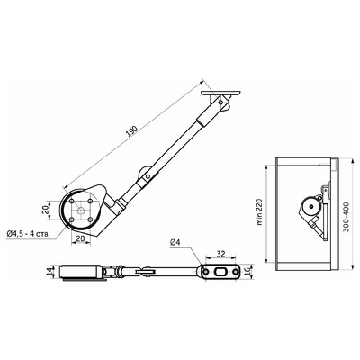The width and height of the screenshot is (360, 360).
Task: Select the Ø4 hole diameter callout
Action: (x=176, y=243)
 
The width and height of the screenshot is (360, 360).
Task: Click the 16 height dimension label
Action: (x=247, y=271)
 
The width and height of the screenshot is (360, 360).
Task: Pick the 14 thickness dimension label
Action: (x=50, y=273)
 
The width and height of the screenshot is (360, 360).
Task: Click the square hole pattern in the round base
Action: (x=82, y=212)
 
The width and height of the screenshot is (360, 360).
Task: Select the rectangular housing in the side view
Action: (x=81, y=272)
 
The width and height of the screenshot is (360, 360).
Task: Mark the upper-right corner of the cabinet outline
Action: (x=337, y=159)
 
